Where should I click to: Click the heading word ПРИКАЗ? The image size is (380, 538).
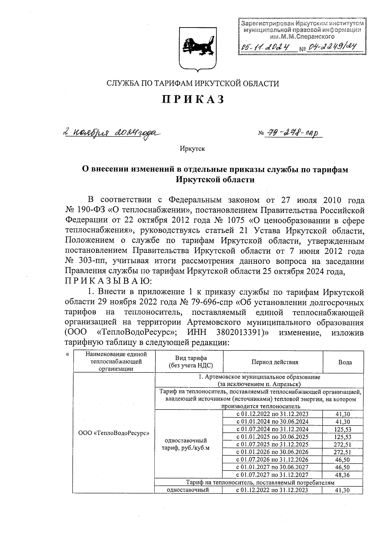[x=193, y=99]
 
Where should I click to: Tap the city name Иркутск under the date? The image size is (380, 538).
[x=192, y=149]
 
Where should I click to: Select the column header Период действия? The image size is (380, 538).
[x=275, y=362]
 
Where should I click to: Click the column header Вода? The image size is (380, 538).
[x=345, y=362]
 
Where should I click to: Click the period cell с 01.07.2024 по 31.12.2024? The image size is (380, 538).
[x=273, y=429]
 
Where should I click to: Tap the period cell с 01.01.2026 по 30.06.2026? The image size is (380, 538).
[x=273, y=452]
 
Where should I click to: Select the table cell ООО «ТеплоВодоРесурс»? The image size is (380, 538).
[x=114, y=433]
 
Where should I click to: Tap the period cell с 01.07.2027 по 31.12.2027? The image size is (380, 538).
[x=273, y=475]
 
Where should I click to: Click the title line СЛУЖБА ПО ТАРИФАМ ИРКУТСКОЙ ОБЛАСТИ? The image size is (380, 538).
[x=193, y=84]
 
